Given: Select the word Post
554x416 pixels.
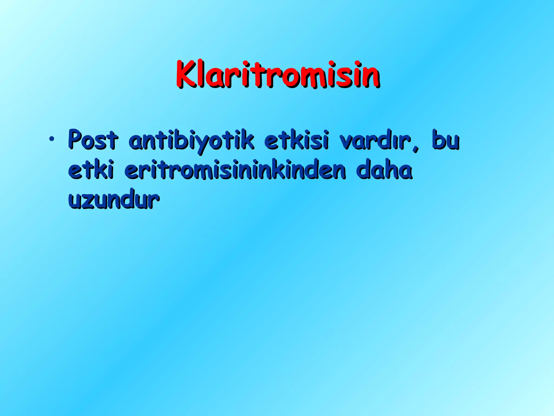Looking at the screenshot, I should pyautogui.click(x=93, y=140).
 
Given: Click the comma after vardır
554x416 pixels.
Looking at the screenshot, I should pyautogui.click(x=416, y=148).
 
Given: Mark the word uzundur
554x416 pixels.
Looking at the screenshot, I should pyautogui.click(x=114, y=200).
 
